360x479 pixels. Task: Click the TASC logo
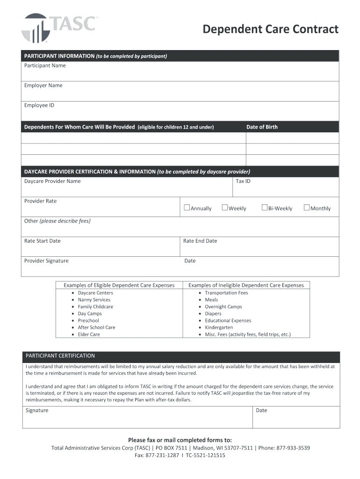pos(59,28)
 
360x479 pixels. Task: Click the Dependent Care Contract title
pos(270,29)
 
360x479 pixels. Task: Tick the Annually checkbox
pos(187,208)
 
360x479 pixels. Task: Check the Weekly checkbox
pos(224,208)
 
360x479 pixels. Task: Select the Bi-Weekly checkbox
pos(265,208)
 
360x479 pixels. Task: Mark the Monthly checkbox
pos(307,208)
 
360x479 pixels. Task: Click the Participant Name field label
pos(45,65)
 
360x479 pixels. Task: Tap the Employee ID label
pos(39,105)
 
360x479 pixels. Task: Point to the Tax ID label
pos(243,181)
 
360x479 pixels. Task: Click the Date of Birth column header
pos(262,127)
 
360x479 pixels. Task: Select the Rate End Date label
pos(200,241)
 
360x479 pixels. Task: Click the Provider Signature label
pos(46,261)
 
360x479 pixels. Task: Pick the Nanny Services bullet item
pos(94,300)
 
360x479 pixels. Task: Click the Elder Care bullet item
pos(89,334)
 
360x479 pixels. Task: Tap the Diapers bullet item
pos(213,314)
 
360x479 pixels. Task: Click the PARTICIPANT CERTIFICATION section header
pos(60,356)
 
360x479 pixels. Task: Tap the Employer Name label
pos(43,85)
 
